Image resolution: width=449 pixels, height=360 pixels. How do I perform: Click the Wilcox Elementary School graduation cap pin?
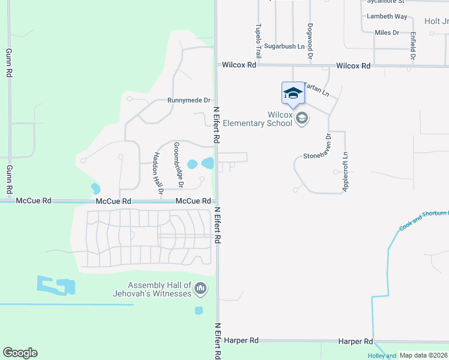pos(293,94)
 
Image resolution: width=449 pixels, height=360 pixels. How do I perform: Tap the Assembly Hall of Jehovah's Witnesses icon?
pos(200,290)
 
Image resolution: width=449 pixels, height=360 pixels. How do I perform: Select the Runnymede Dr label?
pos(189,101)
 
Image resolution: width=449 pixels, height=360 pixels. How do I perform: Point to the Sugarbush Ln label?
pos(284,46)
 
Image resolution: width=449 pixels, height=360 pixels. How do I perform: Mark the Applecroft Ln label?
pos(345,171)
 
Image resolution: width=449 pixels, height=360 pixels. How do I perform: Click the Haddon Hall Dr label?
pos(157,173)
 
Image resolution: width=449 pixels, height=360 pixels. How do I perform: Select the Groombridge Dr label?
pos(178,164)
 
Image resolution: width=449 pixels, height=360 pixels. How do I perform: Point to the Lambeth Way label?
pos(387,16)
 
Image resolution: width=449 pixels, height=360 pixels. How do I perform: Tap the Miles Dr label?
pos(387,32)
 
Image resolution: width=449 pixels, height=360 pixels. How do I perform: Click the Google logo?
pos(20,353)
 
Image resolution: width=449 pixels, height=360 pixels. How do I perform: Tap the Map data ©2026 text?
pos(423,355)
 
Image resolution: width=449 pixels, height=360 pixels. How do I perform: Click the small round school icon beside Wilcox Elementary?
pos(302,118)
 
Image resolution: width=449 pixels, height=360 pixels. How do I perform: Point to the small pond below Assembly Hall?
pos(199,310)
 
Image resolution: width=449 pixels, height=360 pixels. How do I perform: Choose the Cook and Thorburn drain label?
pos(424,220)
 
